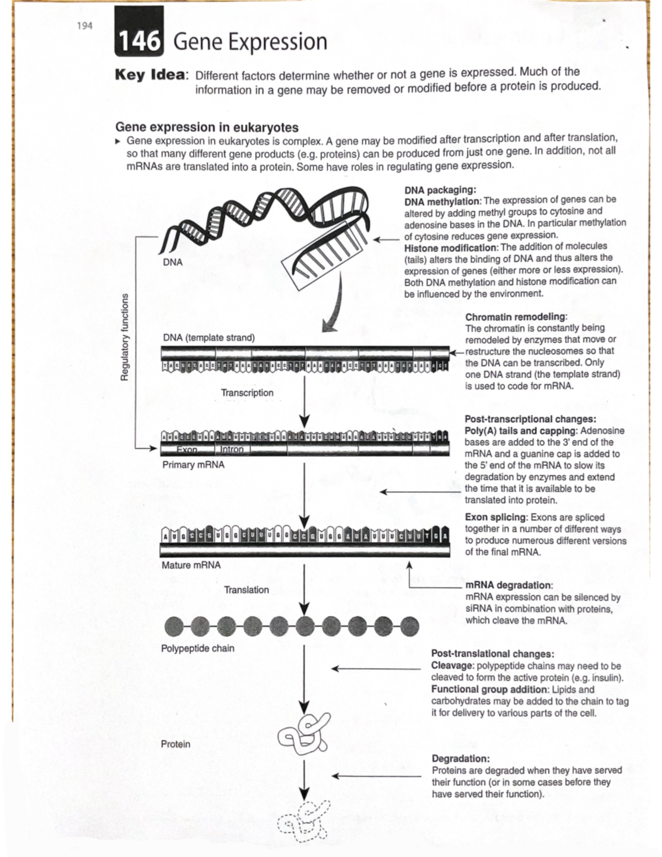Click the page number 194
pyautogui.click(x=84, y=26)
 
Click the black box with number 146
pyautogui.click(x=139, y=41)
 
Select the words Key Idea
pyautogui.click(x=150, y=75)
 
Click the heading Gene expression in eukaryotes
pyautogui.click(x=206, y=127)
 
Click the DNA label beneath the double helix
pyautogui.click(x=173, y=262)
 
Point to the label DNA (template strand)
pyautogui.click(x=209, y=337)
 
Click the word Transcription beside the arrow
pyautogui.click(x=247, y=392)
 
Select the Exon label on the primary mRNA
pyautogui.click(x=187, y=450)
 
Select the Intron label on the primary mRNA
pyautogui.click(x=232, y=449)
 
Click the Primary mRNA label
pyautogui.click(x=193, y=465)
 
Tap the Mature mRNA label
pyautogui.click(x=191, y=565)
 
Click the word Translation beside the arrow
pyautogui.click(x=247, y=590)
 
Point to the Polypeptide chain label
pyautogui.click(x=197, y=648)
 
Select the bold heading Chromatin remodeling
pyautogui.click(x=516, y=317)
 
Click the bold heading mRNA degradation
pyautogui.click(x=509, y=585)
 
